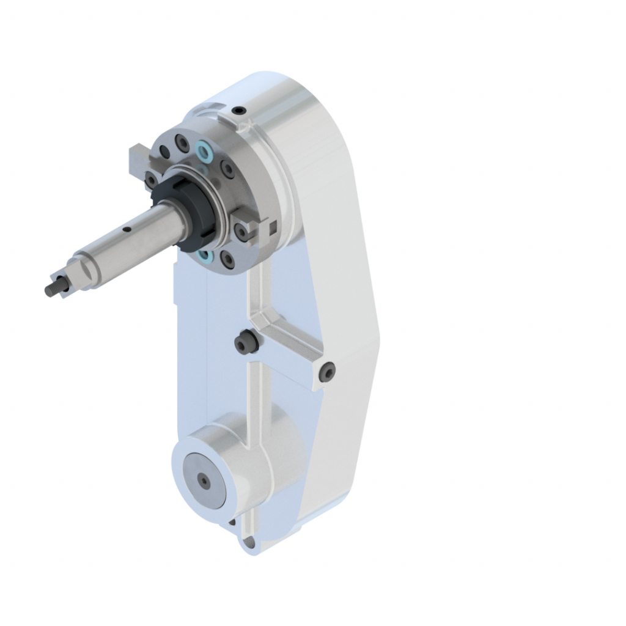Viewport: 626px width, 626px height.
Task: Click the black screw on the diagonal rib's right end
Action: (328, 372)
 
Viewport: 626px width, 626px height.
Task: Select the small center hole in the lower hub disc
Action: (204, 482)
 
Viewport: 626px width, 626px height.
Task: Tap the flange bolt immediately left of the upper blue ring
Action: (182, 142)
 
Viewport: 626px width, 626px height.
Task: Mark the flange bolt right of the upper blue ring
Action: (226, 168)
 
